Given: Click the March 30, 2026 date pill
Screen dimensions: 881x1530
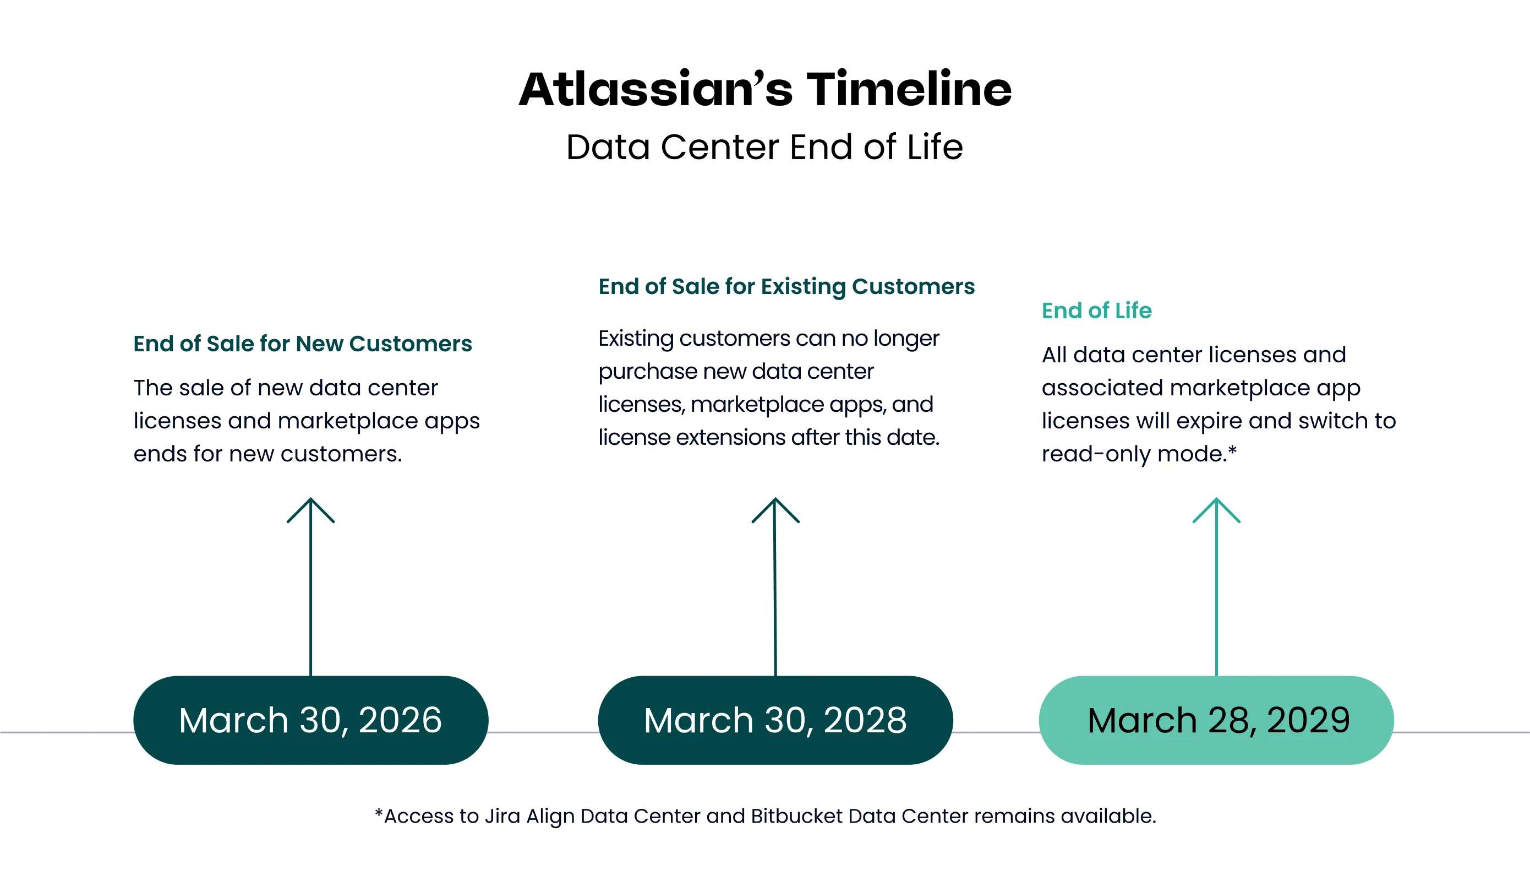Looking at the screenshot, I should tap(310, 720).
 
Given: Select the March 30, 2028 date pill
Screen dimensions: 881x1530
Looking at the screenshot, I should tap(775, 720).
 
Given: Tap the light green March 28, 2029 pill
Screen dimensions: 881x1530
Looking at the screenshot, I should tap(1216, 720).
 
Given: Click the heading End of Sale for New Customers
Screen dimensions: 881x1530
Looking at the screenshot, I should tap(302, 344).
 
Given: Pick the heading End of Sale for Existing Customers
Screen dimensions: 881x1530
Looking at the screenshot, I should tap(786, 286).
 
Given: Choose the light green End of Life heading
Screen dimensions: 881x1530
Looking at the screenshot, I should tap(1096, 311).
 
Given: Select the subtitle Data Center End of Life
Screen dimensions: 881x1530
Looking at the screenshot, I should tap(764, 147).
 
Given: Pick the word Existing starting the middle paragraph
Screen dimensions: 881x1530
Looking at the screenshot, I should tap(636, 338).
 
